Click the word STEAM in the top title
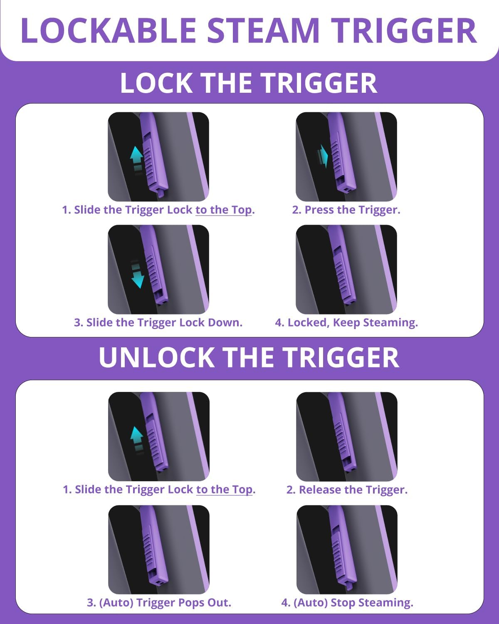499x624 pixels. [263, 30]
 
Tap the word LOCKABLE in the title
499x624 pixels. [109, 30]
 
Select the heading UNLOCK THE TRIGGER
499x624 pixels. [249, 357]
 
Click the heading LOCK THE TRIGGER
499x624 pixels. [249, 83]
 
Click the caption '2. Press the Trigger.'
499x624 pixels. [346, 210]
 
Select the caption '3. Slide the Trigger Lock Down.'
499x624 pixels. [158, 322]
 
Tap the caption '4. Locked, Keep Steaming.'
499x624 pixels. [346, 323]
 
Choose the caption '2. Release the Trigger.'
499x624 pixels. [347, 490]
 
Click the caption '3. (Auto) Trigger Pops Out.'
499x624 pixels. [159, 603]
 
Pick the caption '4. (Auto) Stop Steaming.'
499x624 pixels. [347, 603]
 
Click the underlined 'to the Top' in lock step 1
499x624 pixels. [223, 210]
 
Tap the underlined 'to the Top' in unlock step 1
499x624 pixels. [224, 490]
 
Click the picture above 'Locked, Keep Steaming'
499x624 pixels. [346, 270]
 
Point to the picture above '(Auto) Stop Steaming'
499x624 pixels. [347, 550]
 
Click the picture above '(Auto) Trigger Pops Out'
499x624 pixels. [159, 550]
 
